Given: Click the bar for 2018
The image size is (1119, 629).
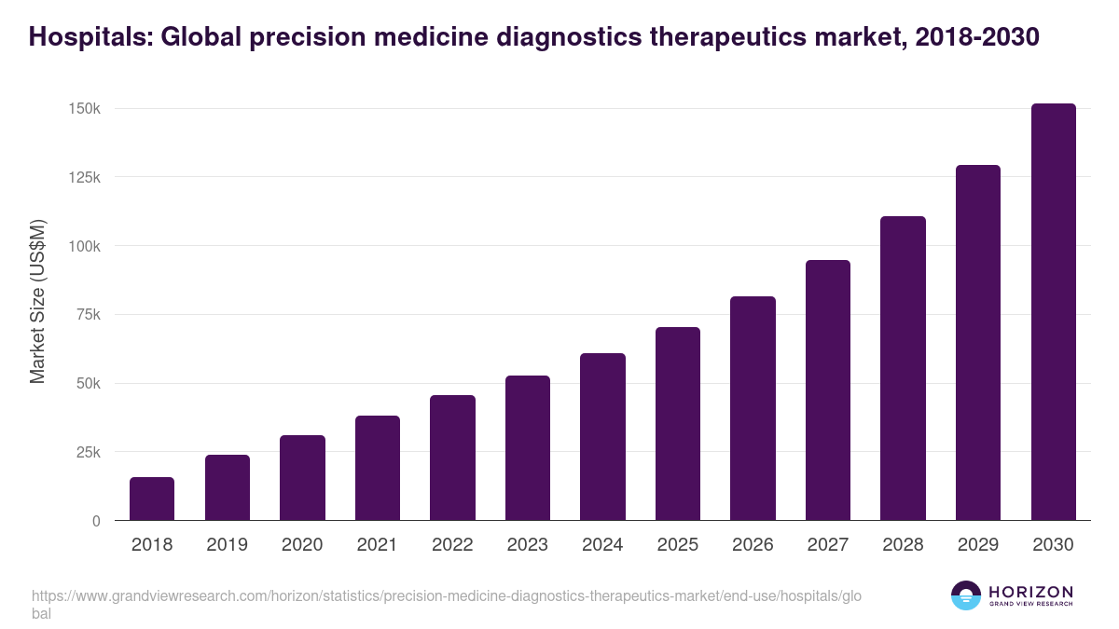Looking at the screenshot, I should (152, 499).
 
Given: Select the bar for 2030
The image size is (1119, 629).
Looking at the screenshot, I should (1053, 312).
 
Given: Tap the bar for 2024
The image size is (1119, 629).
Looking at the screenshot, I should (602, 437).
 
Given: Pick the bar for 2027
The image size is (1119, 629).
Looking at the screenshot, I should (828, 390).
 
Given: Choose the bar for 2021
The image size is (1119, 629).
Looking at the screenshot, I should (378, 468).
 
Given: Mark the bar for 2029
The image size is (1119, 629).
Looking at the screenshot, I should (978, 343).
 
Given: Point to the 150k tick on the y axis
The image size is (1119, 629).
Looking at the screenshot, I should (85, 109).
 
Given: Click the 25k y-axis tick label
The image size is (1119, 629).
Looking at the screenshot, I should (89, 452).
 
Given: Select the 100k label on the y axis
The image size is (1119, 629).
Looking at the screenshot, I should (85, 246).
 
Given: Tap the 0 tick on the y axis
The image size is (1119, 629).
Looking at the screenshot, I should (96, 521).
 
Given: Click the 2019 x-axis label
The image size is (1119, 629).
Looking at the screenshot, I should (227, 545).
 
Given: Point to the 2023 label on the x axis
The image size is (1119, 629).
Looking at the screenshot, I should (528, 545).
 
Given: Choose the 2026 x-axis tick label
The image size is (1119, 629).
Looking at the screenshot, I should (753, 545).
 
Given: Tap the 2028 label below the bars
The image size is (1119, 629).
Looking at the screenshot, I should (903, 545).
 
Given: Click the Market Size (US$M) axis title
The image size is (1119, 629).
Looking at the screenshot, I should (37, 301).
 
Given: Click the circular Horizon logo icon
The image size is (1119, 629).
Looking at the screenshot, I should (966, 595).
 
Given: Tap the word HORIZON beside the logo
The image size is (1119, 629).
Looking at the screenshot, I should (1030, 592).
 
